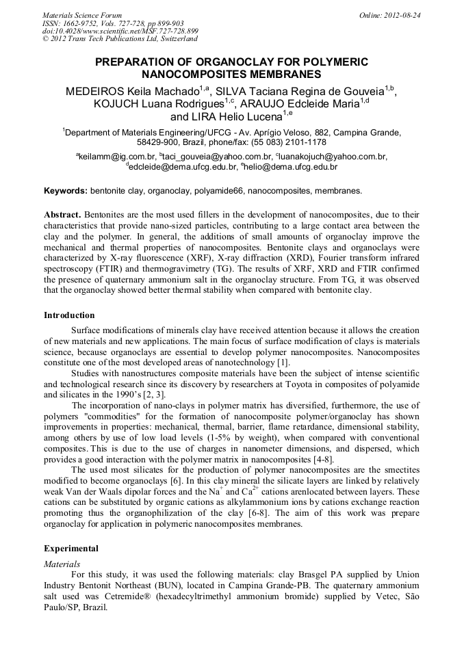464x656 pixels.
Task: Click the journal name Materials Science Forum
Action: [82, 15]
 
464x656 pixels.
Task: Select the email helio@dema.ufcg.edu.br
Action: [291, 166]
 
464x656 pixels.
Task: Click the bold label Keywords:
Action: [66, 190]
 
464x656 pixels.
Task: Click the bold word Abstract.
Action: [63, 214]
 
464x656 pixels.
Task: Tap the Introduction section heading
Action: [69, 315]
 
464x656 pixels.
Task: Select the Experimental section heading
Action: [71, 549]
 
